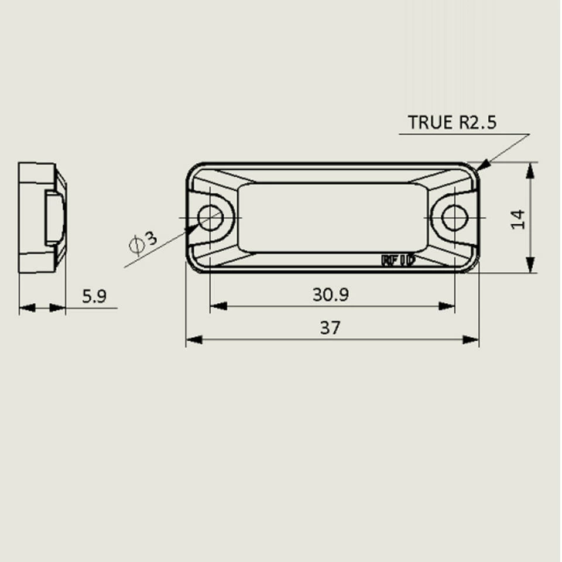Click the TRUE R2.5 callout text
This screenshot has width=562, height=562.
tap(452, 123)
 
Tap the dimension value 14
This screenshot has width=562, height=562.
tap(519, 219)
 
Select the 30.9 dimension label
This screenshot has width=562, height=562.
tap(330, 294)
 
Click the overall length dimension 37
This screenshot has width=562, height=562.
tap(330, 328)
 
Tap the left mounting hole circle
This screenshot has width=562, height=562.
tap(210, 218)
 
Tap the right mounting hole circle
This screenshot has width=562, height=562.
tap(454, 218)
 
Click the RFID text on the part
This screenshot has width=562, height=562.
tap(398, 261)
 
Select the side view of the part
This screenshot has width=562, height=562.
tap(41, 218)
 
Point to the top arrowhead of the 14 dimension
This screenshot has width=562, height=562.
tap(530, 170)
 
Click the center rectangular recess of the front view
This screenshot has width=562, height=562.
tap(331, 218)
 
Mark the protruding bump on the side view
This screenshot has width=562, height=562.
tap(54, 218)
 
